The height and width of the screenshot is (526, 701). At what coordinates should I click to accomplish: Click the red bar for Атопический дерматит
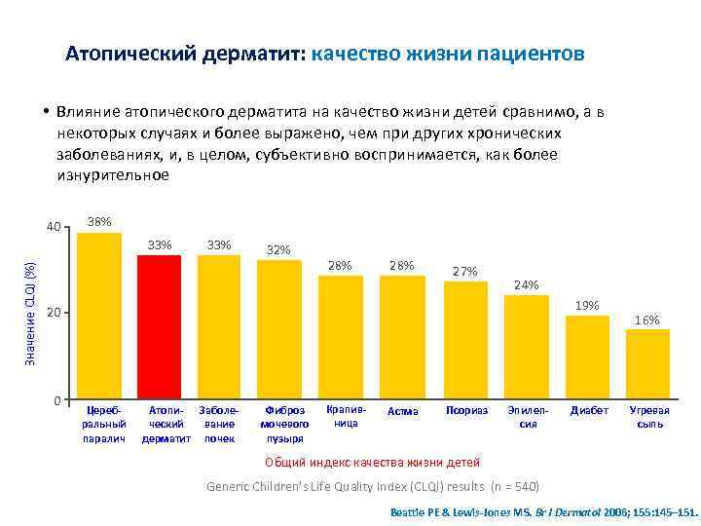[x=159, y=326]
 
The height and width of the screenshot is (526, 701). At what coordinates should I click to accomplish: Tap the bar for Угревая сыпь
[x=647, y=364]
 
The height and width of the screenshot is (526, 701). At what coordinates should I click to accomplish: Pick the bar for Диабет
[x=587, y=357]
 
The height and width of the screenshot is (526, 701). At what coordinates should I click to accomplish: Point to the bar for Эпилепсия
[x=526, y=347]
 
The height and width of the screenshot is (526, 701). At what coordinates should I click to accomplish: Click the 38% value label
[x=98, y=222]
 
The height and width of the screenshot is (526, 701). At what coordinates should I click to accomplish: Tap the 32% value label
[x=278, y=250]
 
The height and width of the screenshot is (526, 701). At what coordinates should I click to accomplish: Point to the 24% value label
[x=526, y=285]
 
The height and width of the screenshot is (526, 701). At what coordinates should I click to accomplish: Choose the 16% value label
[x=647, y=320]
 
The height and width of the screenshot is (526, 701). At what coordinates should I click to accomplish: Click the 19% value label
[x=587, y=306]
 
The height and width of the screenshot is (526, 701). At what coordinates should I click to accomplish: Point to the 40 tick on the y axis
[x=55, y=228]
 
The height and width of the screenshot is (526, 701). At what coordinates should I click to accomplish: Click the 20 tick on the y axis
[x=55, y=313]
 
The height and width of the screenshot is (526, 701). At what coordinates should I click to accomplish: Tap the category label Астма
[x=402, y=411]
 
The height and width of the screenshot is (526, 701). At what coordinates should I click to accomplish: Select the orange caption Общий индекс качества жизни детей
[x=372, y=461]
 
